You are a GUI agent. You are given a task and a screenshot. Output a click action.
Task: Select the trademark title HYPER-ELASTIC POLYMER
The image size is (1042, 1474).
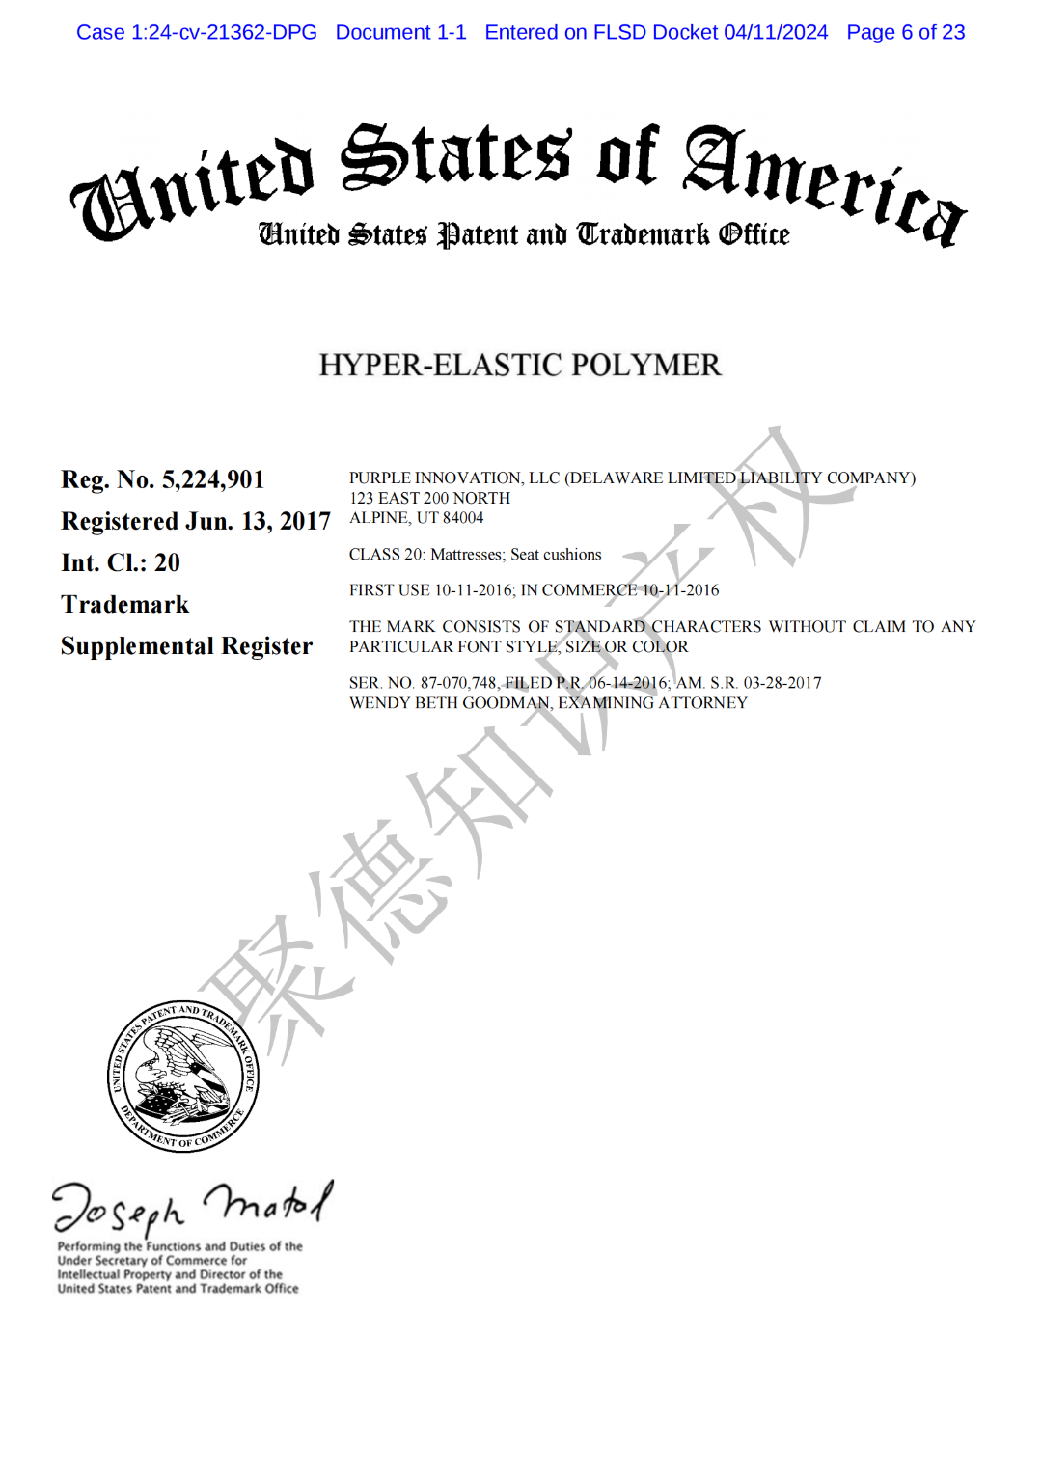[520, 365]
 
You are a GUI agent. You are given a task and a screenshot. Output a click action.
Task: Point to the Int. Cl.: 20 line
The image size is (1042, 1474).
[121, 562]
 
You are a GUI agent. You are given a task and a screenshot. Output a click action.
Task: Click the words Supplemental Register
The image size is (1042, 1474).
[186, 645]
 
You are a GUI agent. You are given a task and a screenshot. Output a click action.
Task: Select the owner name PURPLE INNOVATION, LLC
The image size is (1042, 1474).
[454, 478]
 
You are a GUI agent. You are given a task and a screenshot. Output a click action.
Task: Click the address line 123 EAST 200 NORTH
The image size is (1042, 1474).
[429, 498]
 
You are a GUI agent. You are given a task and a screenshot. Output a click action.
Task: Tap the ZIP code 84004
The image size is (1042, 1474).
[463, 518]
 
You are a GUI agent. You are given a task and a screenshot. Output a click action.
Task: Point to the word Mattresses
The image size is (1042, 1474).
[467, 555]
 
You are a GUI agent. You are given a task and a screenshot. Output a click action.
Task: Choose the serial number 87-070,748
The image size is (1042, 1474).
[458, 683]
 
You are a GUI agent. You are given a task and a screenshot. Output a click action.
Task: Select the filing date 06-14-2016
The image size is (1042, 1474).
[628, 683]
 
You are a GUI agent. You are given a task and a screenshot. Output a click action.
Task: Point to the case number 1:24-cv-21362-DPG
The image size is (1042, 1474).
[223, 32]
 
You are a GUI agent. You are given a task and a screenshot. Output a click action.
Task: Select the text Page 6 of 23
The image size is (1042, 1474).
[905, 32]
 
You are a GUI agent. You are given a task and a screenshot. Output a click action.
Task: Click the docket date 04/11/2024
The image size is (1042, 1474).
[776, 32]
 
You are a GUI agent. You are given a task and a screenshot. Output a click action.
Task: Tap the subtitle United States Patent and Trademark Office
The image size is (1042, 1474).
[523, 234]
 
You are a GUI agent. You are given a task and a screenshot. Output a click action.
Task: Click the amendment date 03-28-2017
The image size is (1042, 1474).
[782, 683]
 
